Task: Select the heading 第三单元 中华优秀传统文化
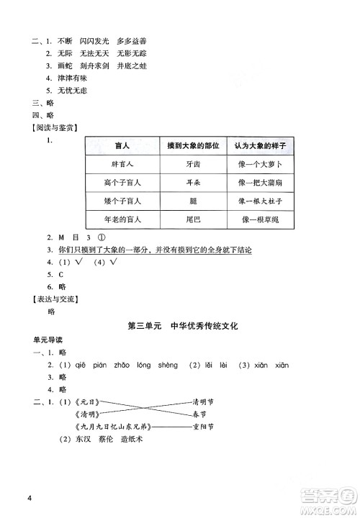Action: (182, 326)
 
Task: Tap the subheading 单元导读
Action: (46, 340)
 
